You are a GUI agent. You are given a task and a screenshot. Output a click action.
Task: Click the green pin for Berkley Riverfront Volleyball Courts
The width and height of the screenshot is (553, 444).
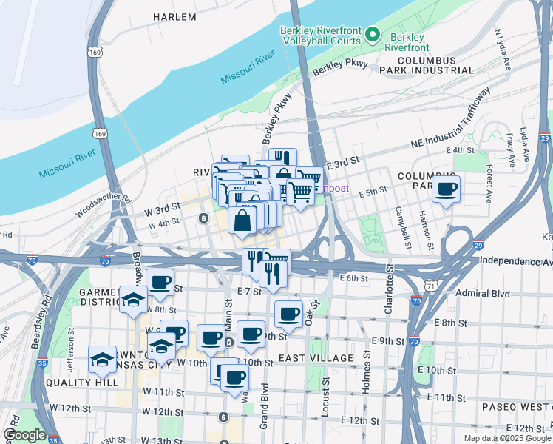374,35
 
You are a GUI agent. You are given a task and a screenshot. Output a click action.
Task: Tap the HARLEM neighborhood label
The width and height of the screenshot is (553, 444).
174,16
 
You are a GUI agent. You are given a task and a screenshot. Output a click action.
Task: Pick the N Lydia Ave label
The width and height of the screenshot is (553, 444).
503,50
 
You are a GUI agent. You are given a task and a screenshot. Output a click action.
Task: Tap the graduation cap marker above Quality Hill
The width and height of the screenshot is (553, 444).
102,360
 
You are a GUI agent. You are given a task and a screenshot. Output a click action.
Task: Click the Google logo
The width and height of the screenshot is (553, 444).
24,435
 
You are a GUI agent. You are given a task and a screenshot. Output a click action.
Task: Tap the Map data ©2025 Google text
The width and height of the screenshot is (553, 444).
506,438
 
